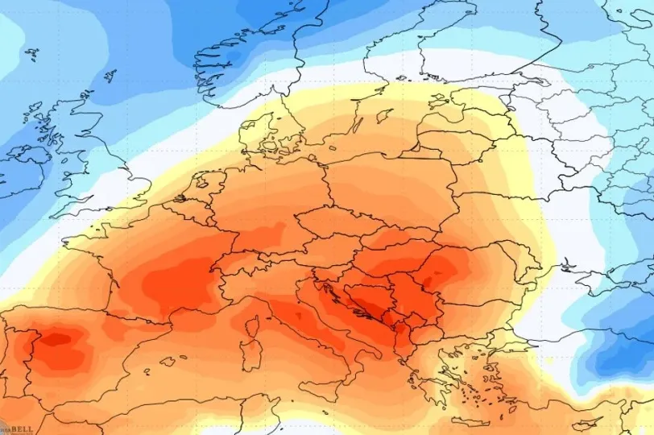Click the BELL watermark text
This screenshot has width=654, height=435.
20,430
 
